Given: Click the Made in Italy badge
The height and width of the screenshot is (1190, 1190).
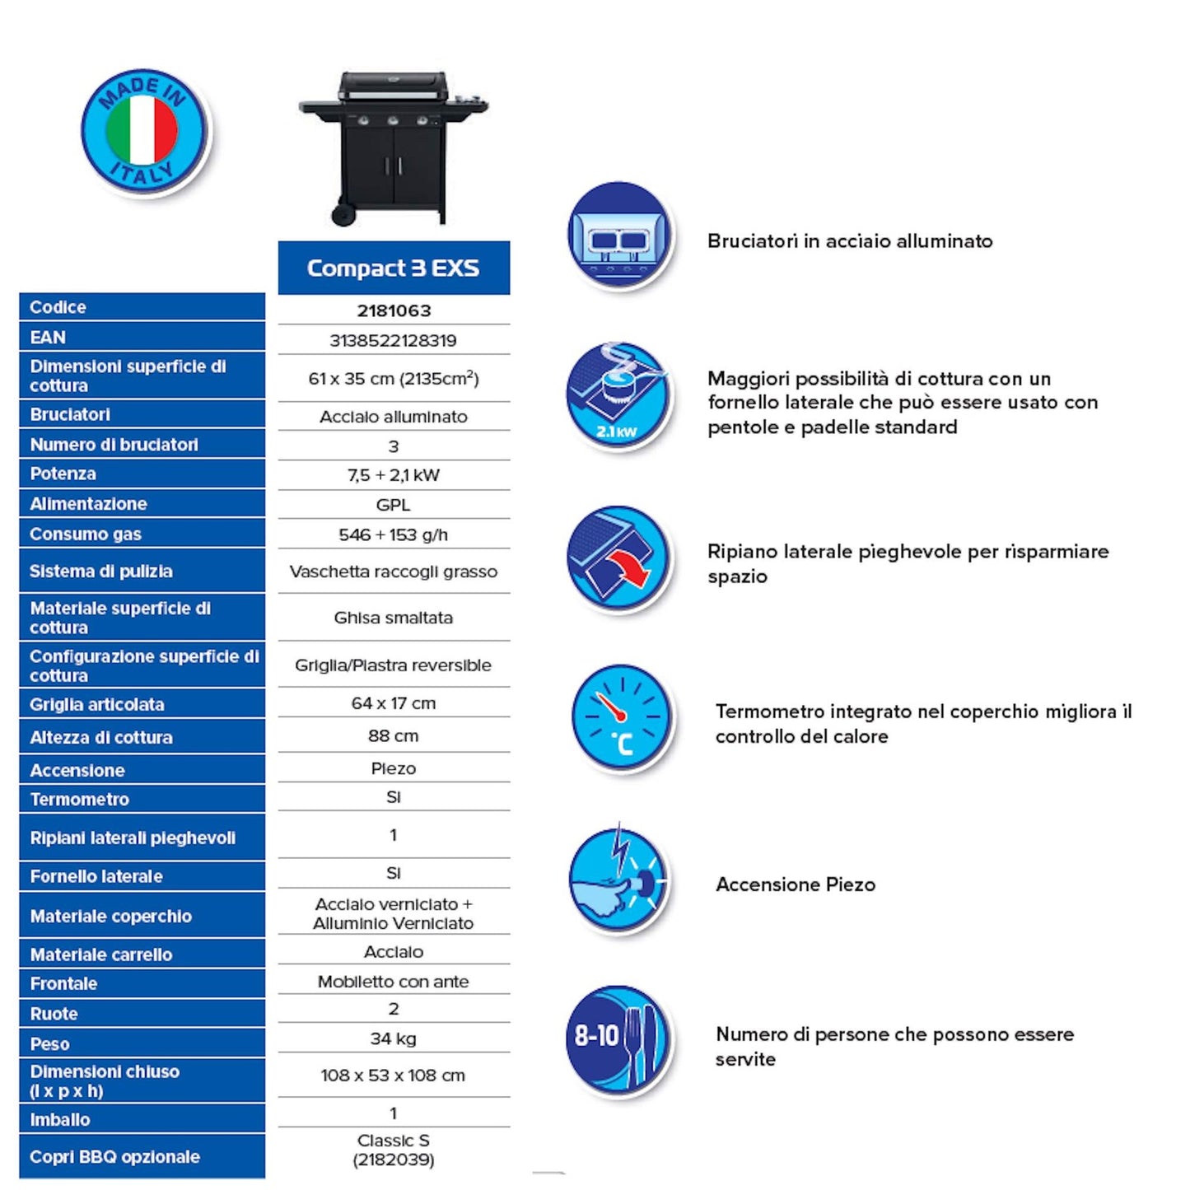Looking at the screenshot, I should point(142,131).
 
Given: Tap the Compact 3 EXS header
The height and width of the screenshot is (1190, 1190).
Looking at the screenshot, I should point(393,268).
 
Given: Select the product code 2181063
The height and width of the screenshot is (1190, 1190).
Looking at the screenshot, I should point(394,310).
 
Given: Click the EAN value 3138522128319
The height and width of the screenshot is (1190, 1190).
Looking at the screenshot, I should point(393,340).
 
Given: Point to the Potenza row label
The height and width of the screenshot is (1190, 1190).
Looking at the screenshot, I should point(63,474).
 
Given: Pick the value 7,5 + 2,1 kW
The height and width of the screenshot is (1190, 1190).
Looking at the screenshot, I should point(393,475).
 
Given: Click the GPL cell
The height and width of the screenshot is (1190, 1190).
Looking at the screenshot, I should point(393,505).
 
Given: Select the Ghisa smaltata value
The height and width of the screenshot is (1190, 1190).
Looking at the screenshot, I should point(393,618).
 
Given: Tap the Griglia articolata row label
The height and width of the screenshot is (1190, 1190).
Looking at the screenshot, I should point(97,704).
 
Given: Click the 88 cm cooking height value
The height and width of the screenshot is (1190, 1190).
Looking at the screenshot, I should point(393,735).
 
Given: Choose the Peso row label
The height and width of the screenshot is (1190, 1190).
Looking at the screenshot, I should point(50,1043).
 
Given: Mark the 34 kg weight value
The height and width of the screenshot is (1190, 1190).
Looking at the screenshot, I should point(393,1038).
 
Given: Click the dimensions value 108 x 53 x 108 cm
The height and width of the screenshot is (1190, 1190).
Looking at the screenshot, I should point(393,1076).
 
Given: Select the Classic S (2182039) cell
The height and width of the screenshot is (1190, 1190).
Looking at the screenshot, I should point(393,1150).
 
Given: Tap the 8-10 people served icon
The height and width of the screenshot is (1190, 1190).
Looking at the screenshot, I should point(619,1038).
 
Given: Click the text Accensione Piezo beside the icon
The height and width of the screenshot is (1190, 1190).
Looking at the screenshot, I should point(796,884).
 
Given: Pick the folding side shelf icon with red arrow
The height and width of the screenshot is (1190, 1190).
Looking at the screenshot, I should point(618,558).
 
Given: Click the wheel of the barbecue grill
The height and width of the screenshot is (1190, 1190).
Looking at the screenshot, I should point(343,215).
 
